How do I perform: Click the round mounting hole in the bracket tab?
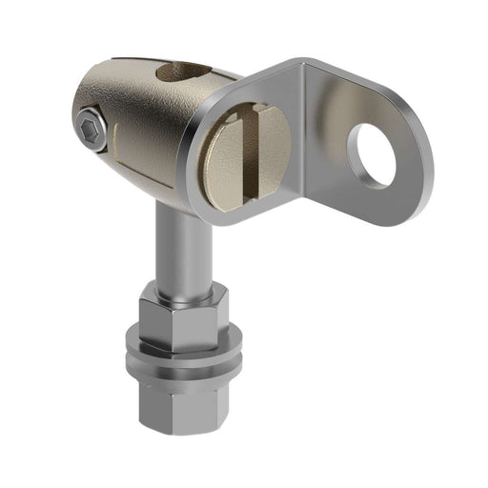coord(372,154)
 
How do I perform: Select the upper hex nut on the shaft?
coord(181,319)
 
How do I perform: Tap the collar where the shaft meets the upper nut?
coord(181,292)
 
